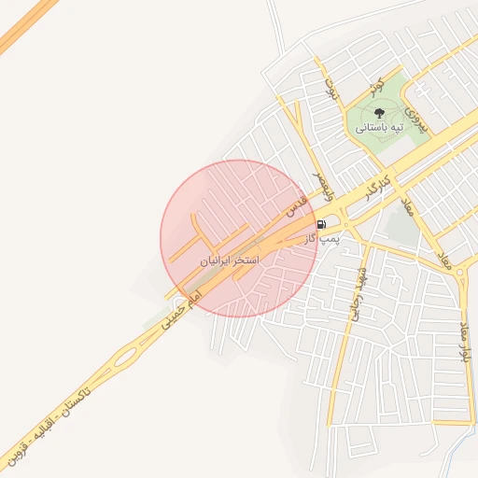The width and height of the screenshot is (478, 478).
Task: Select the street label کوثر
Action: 376,87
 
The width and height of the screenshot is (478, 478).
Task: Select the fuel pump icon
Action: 322,225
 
